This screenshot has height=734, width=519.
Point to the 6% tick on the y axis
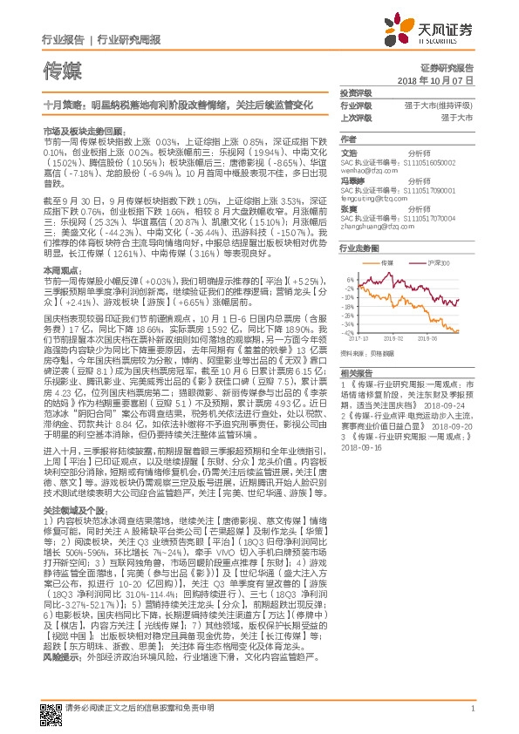coord(349,281)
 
